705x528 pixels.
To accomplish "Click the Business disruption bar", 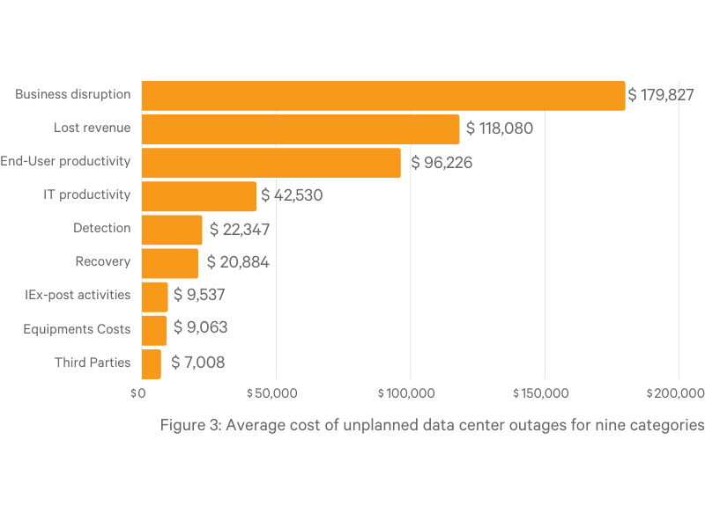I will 383,95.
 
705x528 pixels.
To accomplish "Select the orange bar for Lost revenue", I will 300,128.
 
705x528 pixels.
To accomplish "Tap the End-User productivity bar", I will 271,162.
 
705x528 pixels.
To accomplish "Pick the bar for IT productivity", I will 198,195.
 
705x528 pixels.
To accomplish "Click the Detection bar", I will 172,229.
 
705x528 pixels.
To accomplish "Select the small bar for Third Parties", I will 152,363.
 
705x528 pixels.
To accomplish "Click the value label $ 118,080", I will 500,128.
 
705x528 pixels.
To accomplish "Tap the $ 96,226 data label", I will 441,162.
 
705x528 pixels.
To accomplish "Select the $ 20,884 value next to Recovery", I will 238,262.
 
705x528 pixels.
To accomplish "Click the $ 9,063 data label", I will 200,328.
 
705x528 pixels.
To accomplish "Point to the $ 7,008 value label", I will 198,363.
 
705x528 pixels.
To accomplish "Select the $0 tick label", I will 137,392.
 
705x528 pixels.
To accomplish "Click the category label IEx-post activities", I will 78,295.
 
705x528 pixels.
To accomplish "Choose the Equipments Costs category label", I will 77,329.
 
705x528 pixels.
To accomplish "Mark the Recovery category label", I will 103,261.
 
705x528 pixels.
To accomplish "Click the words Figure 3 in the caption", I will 191,425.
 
